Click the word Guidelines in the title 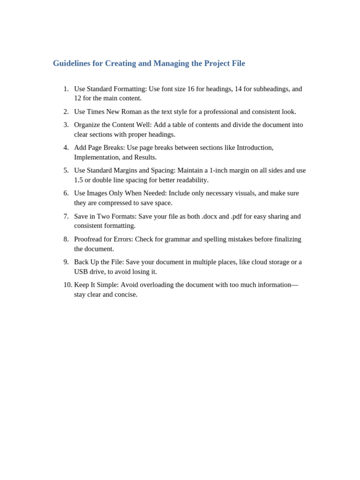[x=72, y=63]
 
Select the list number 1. [x=66, y=89]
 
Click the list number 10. [x=67, y=285]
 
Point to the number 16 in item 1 [x=191, y=89]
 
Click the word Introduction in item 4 [x=254, y=147]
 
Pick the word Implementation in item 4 [x=97, y=157]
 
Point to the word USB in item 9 [x=82, y=271]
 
